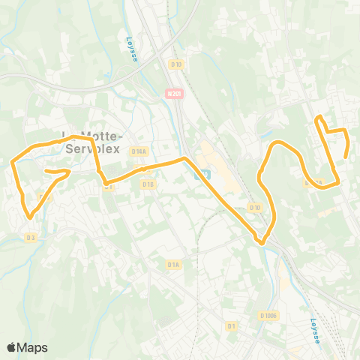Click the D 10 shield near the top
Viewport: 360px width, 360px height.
pos(176,64)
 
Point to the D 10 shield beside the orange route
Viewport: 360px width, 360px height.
pos(255,207)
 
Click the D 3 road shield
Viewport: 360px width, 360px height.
pos(30,238)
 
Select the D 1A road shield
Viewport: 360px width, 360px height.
pos(173,264)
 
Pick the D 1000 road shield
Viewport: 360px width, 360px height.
pos(268,316)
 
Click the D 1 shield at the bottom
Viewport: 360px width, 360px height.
pos(231,325)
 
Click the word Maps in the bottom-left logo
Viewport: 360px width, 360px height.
pos(34,347)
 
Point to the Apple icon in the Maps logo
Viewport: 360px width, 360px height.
pos(12,346)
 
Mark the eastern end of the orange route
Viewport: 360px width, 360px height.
pos(345,157)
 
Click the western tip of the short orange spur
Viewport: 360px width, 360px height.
pos(46,172)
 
